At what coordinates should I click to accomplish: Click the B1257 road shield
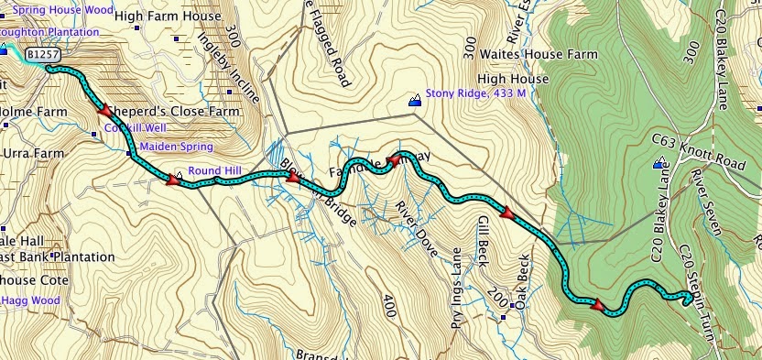click(x=38, y=55)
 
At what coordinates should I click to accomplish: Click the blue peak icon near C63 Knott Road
click(x=659, y=165)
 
